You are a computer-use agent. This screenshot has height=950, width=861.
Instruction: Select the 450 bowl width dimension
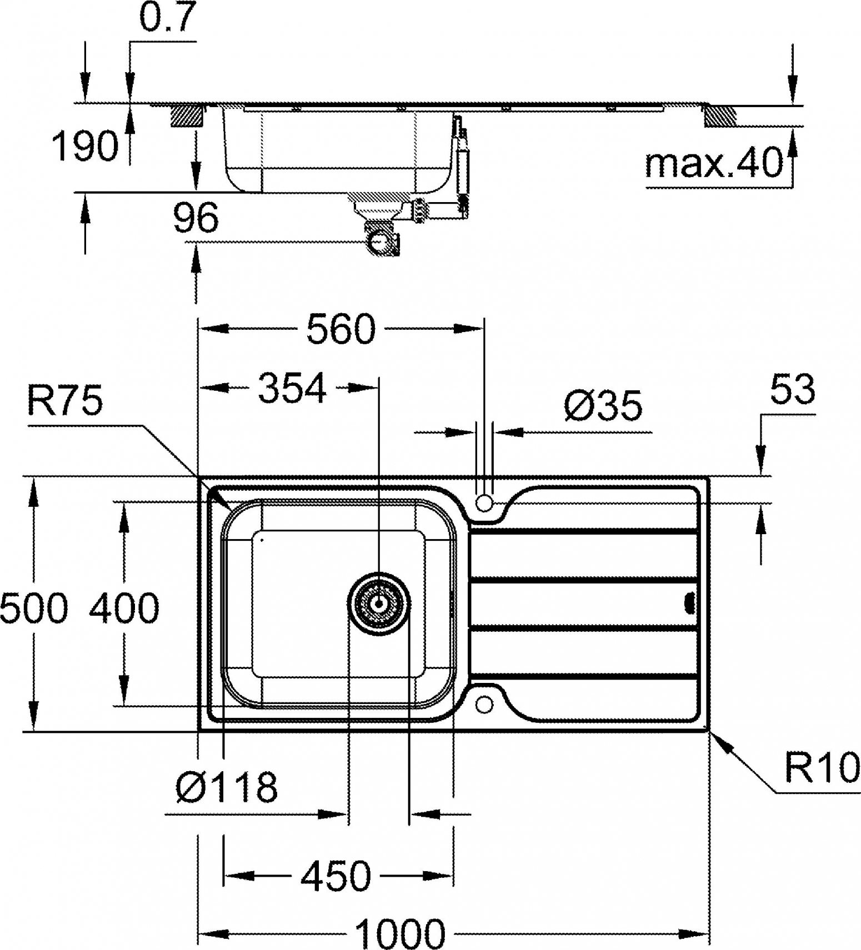point(336,876)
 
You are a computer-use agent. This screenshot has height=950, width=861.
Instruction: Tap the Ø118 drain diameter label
point(226,787)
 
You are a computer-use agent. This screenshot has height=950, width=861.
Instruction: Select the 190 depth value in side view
point(85,146)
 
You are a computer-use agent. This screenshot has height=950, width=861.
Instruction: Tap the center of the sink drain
point(379,602)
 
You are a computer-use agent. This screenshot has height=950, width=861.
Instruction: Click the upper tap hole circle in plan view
point(484,503)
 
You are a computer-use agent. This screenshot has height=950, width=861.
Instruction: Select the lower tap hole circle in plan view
point(484,705)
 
